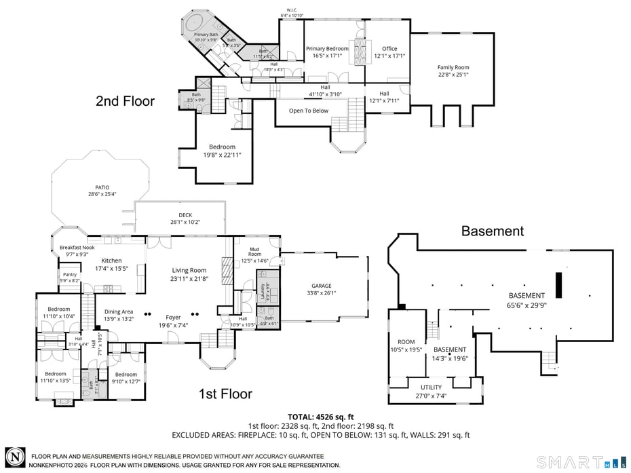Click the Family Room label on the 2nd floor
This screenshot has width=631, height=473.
tap(453, 68)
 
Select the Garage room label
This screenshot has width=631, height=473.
tap(321, 286)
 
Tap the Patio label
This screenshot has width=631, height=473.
tap(102, 187)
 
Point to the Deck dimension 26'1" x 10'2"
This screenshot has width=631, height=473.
tap(185, 222)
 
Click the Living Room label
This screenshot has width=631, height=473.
tap(189, 270)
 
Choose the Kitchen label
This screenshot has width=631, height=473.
tap(111, 261)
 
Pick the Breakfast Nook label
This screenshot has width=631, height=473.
tap(77, 248)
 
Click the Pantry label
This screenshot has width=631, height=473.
tap(70, 274)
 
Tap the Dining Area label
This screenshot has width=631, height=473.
tap(118, 311)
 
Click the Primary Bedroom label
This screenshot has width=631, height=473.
tap(326, 49)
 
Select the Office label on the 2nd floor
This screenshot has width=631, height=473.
tap(389, 49)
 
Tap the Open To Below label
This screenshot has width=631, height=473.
tap(308, 111)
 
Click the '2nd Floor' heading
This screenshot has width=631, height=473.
tap(125, 102)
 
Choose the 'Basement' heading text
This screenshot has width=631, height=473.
tap(492, 231)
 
